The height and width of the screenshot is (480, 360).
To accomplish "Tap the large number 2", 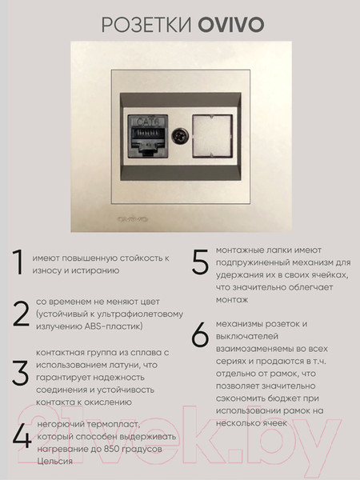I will tap(21, 314).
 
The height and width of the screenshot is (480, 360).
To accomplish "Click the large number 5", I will tap(201, 263).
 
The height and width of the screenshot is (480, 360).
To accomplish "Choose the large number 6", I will tap(200, 335).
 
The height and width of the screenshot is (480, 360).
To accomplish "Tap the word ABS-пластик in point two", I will tap(116, 326).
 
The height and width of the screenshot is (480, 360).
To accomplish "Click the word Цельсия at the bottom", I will tap(54, 461).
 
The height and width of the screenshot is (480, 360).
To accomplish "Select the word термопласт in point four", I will tap(112, 423).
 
